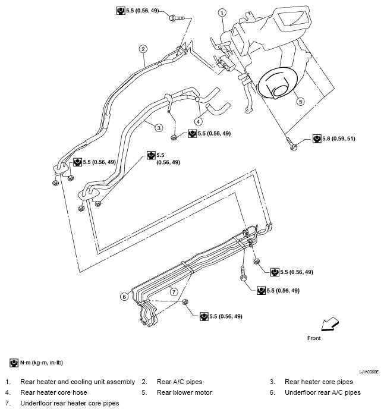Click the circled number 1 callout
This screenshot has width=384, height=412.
[222, 12]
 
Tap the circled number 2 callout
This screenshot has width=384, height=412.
[143, 49]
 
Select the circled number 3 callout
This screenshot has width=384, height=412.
[159, 128]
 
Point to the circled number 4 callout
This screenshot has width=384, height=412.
[199, 121]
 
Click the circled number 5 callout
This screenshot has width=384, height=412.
[301, 102]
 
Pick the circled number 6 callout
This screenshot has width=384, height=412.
[124, 297]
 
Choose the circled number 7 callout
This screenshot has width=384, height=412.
[174, 291]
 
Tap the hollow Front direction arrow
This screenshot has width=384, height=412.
[330, 324]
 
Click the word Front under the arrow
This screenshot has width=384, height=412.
[314, 338]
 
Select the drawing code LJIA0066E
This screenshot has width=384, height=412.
[369, 372]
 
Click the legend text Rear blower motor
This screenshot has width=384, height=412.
[184, 392]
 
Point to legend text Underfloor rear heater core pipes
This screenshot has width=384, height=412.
[70, 403]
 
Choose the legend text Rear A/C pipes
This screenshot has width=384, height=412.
[180, 382]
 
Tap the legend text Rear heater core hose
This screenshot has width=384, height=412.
[53, 392]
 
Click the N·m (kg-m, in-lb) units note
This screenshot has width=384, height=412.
[42, 363]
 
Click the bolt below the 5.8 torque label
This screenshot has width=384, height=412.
[291, 143]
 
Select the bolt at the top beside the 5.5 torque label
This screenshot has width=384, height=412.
[177, 18]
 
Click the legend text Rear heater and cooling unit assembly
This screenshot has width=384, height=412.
[77, 382]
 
